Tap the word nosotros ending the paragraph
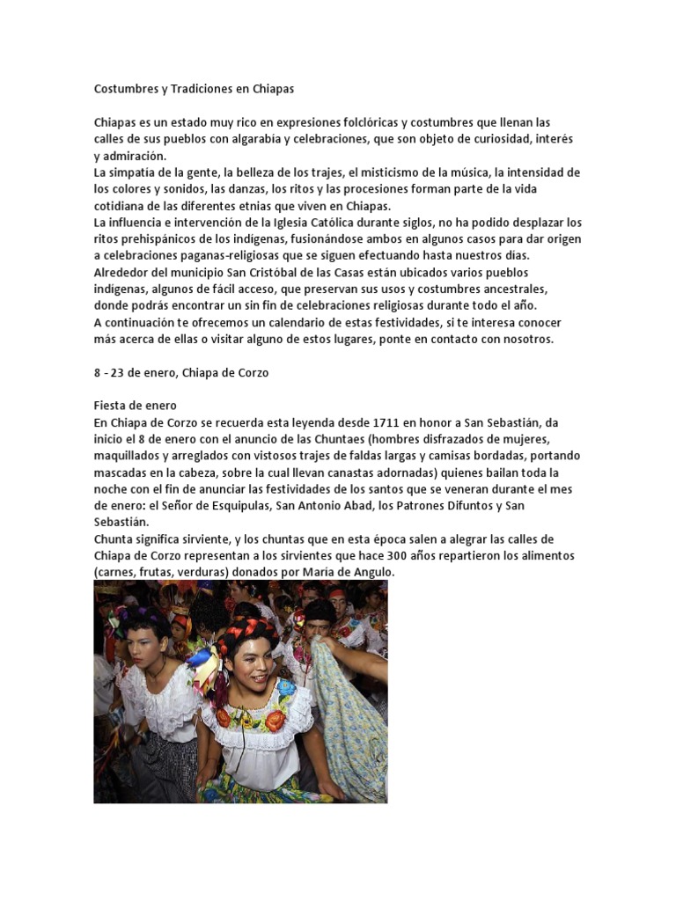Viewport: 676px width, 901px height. coord(525,340)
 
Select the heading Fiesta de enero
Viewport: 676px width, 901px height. coord(136,406)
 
